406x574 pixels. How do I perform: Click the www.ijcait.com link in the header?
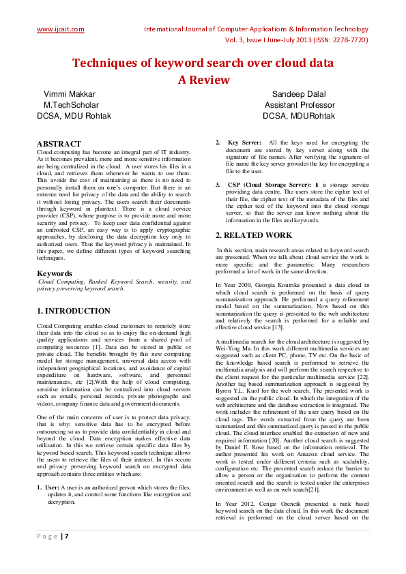(60, 29)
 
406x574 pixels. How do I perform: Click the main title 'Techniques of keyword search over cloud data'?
(203, 63)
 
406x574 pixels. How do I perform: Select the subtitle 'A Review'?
(203, 79)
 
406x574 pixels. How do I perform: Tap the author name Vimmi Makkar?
(70, 94)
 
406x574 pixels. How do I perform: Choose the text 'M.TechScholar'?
(71, 105)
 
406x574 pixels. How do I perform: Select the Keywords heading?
(55, 273)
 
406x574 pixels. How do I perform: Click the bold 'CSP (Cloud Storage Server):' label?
(270, 185)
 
